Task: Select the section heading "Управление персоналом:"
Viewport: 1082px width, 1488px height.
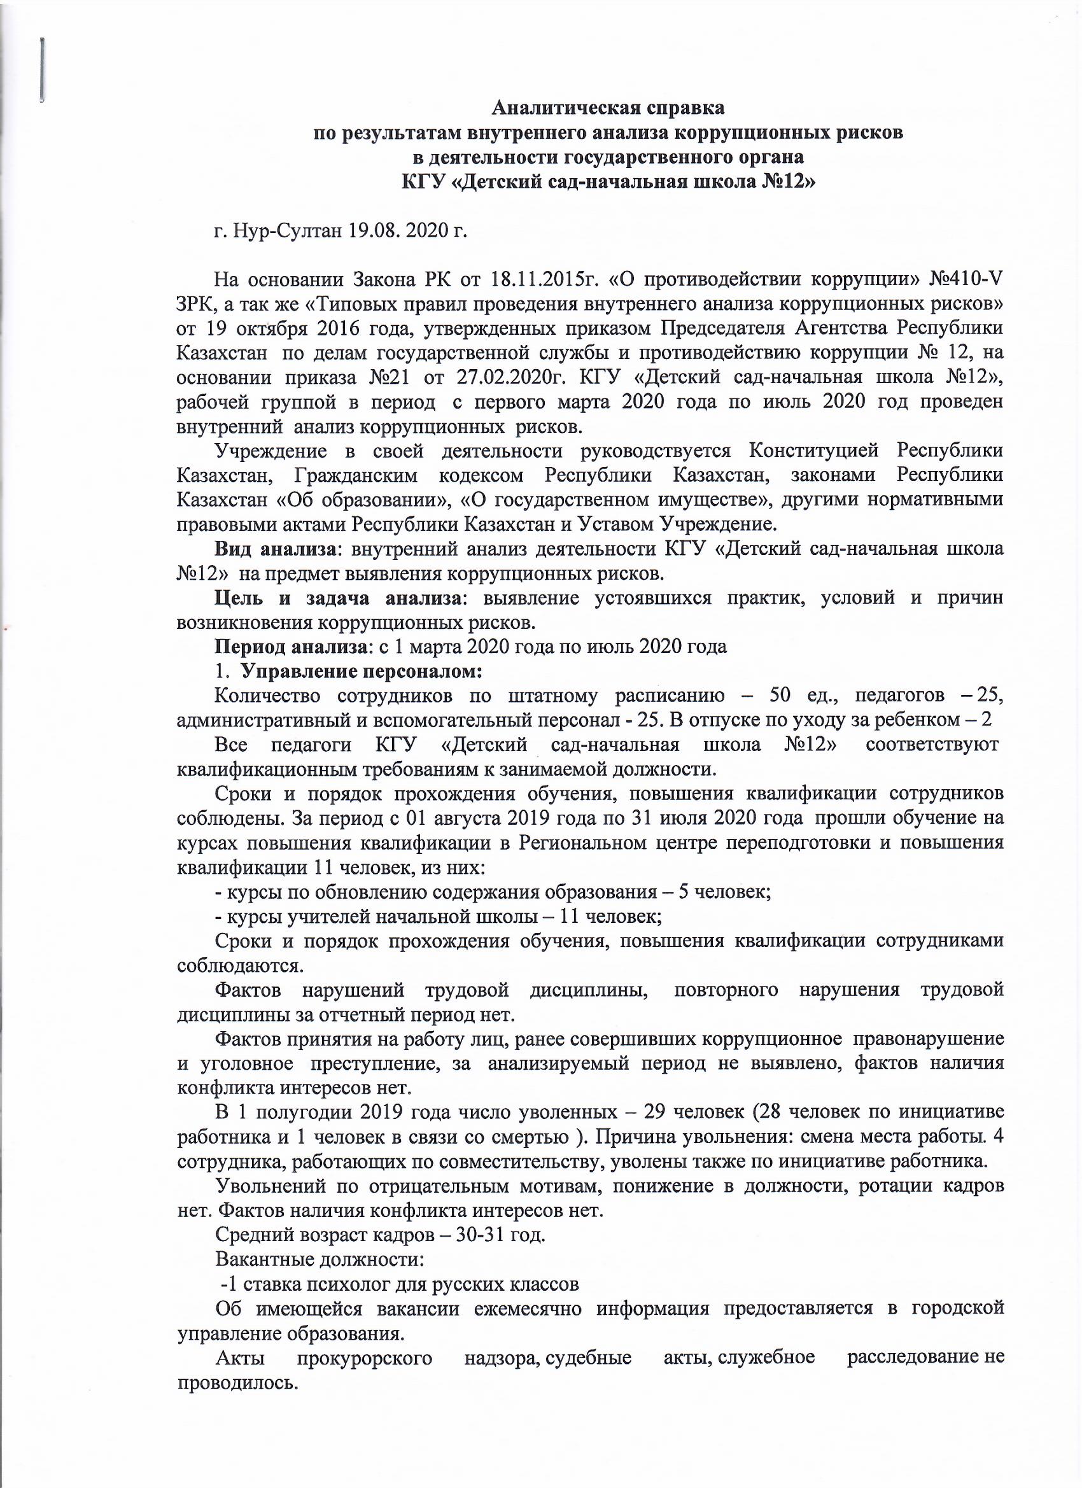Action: point(362,672)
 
